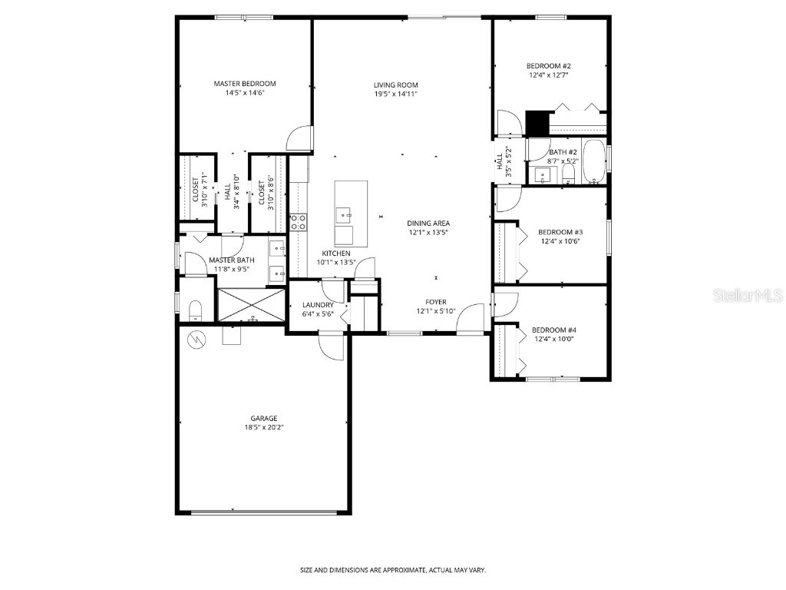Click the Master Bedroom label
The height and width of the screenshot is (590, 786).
pos(244,84)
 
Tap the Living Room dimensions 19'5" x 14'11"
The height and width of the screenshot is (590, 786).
pos(395,94)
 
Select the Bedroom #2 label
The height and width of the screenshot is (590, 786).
pos(548,66)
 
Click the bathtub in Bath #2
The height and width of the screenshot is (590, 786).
pos(593,161)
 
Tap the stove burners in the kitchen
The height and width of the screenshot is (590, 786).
pos(298,222)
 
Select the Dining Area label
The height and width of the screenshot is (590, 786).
pos(428,223)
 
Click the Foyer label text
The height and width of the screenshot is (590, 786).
pos(435,302)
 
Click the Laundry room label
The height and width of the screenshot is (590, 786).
pos(318,305)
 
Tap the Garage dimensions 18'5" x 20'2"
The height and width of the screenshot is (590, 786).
pos(263,427)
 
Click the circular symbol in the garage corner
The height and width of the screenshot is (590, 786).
pos(197,339)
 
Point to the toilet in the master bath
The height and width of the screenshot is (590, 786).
pos(195,310)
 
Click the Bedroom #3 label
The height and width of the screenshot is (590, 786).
pos(560,232)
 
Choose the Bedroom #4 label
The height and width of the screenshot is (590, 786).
pos(553,330)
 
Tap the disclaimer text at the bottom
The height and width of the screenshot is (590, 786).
pos(392,570)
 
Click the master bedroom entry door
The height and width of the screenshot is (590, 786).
pos(300,138)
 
